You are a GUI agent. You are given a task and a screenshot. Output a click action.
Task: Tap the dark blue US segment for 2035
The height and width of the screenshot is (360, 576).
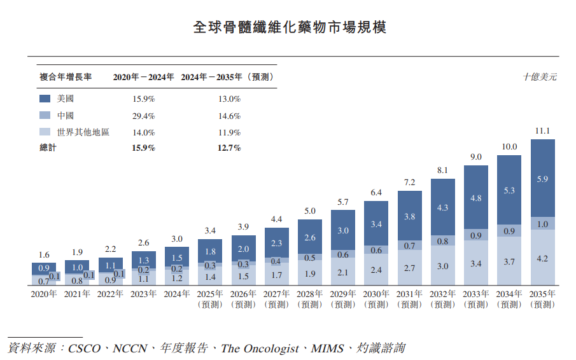[x=542, y=179]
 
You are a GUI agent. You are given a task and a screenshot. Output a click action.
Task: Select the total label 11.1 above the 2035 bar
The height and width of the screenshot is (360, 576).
[x=542, y=131]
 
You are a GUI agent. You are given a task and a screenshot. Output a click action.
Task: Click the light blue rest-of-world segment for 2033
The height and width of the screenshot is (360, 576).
[x=475, y=263]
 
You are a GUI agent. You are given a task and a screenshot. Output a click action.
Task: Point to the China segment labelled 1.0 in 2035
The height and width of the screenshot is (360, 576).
[x=542, y=223]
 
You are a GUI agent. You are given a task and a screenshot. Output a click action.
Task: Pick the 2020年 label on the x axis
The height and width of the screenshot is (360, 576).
[x=44, y=294]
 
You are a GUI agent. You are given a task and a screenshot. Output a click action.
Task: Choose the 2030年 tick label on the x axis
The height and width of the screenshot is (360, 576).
[x=376, y=294]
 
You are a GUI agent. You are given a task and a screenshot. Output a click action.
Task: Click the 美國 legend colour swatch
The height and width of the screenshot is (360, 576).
[x=45, y=99]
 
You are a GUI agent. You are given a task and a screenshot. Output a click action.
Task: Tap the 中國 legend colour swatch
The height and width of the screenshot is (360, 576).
[x=45, y=116]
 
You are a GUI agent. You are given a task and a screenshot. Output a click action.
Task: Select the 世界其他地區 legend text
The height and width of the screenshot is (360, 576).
[x=83, y=132]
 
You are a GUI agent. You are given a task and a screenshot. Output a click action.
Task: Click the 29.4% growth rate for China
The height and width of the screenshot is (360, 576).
[x=144, y=116]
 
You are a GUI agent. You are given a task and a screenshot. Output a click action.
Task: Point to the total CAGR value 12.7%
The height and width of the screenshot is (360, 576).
[x=229, y=148]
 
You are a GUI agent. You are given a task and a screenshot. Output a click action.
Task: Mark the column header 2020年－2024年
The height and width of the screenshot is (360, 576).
[x=144, y=77]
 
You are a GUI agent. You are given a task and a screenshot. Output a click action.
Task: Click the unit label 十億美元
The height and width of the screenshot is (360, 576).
[x=540, y=77]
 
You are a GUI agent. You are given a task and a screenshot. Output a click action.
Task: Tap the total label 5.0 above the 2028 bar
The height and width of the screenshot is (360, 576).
[x=310, y=211]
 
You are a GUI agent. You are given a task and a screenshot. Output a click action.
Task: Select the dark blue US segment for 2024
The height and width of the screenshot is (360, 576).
[x=176, y=257]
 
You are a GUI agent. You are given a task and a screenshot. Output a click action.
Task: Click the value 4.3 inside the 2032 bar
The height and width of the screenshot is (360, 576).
[x=442, y=207]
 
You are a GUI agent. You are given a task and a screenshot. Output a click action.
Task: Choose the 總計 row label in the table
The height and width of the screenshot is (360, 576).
[x=48, y=148]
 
